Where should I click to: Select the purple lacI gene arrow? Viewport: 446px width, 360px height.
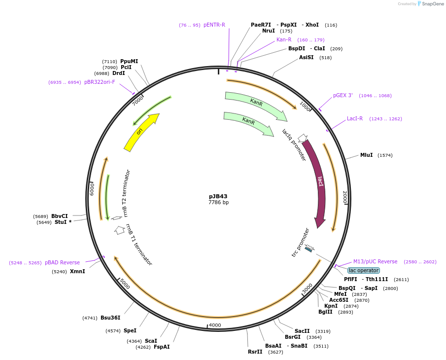pyautogui.click(x=318, y=182)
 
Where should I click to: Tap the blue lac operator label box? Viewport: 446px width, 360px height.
pyautogui.click(x=364, y=270)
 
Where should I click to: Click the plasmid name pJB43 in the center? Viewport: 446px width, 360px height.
pyautogui.click(x=218, y=196)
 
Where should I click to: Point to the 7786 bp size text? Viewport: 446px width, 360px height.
pyautogui.click(x=218, y=202)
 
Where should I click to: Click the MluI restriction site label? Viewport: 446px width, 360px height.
pyautogui.click(x=367, y=155)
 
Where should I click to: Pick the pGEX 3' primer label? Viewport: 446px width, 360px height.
pyautogui.click(x=343, y=95)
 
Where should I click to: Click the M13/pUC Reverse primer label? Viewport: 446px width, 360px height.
pyautogui.click(x=375, y=261)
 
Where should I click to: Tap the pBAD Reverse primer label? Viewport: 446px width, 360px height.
pyautogui.click(x=62, y=262)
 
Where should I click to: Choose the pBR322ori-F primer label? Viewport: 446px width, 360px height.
pyautogui.click(x=100, y=82)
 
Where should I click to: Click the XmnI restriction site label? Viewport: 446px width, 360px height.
pyautogui.click(x=77, y=271)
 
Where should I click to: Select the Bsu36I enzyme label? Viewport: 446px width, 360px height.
pyautogui.click(x=110, y=318)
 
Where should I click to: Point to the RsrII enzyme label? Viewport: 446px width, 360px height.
pyautogui.click(x=255, y=352)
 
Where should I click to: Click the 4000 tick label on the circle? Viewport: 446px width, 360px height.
pyautogui.click(x=215, y=325)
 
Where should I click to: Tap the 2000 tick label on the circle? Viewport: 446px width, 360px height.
pyautogui.click(x=345, y=197)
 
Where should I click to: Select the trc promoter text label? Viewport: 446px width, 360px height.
pyautogui.click(x=300, y=242)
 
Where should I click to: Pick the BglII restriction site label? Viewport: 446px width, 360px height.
pyautogui.click(x=325, y=312)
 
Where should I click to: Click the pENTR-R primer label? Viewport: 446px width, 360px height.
pyautogui.click(x=214, y=25)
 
